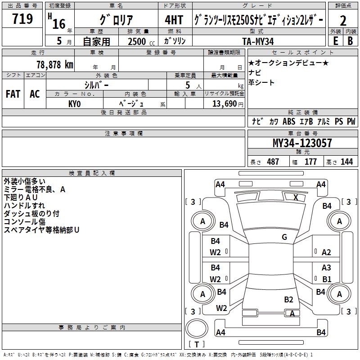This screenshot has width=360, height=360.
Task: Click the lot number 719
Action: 22,19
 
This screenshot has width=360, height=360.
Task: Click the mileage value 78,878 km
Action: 54,64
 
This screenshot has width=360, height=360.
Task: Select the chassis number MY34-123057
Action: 302,143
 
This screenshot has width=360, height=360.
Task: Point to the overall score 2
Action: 343,20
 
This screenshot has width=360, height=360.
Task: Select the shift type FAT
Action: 13,94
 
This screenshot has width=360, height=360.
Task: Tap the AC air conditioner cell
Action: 35,94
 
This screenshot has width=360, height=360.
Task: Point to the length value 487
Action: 273,162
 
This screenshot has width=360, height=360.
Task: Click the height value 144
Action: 346,162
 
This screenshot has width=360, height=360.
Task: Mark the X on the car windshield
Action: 296,197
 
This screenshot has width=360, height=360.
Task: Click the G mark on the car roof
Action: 284,237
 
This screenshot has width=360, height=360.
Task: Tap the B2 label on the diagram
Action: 288,299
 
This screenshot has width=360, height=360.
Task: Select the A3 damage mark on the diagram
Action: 326,268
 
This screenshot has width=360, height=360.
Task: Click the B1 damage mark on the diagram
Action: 326,279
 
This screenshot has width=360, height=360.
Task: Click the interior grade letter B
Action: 350,41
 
